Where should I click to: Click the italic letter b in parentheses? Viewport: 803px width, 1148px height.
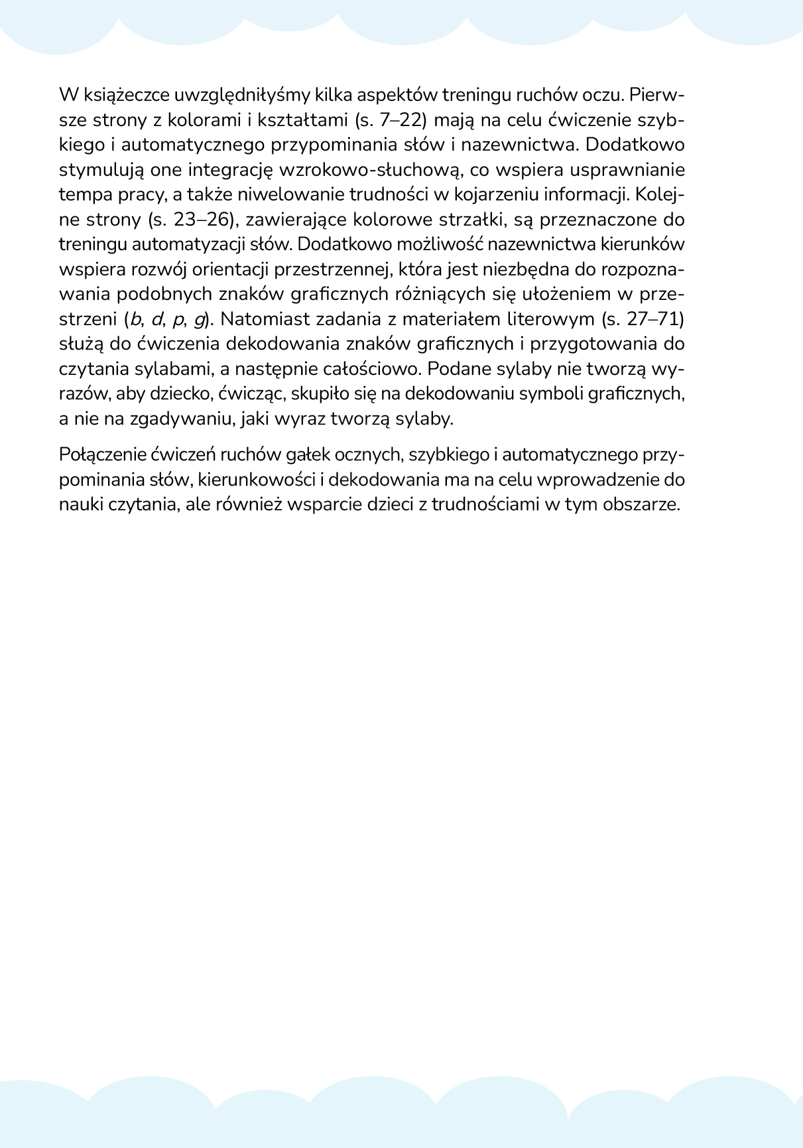click(x=135, y=319)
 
